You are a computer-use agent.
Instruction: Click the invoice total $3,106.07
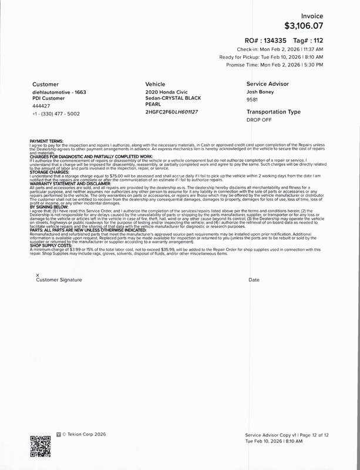[304, 26]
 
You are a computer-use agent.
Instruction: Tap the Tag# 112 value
[316, 41]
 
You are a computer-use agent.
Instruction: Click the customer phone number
[56, 113]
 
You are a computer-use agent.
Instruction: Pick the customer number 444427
[42, 106]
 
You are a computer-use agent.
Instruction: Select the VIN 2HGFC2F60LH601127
[171, 111]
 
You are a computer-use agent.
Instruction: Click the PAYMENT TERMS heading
[49, 141]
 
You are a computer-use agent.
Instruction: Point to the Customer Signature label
[59, 280]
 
